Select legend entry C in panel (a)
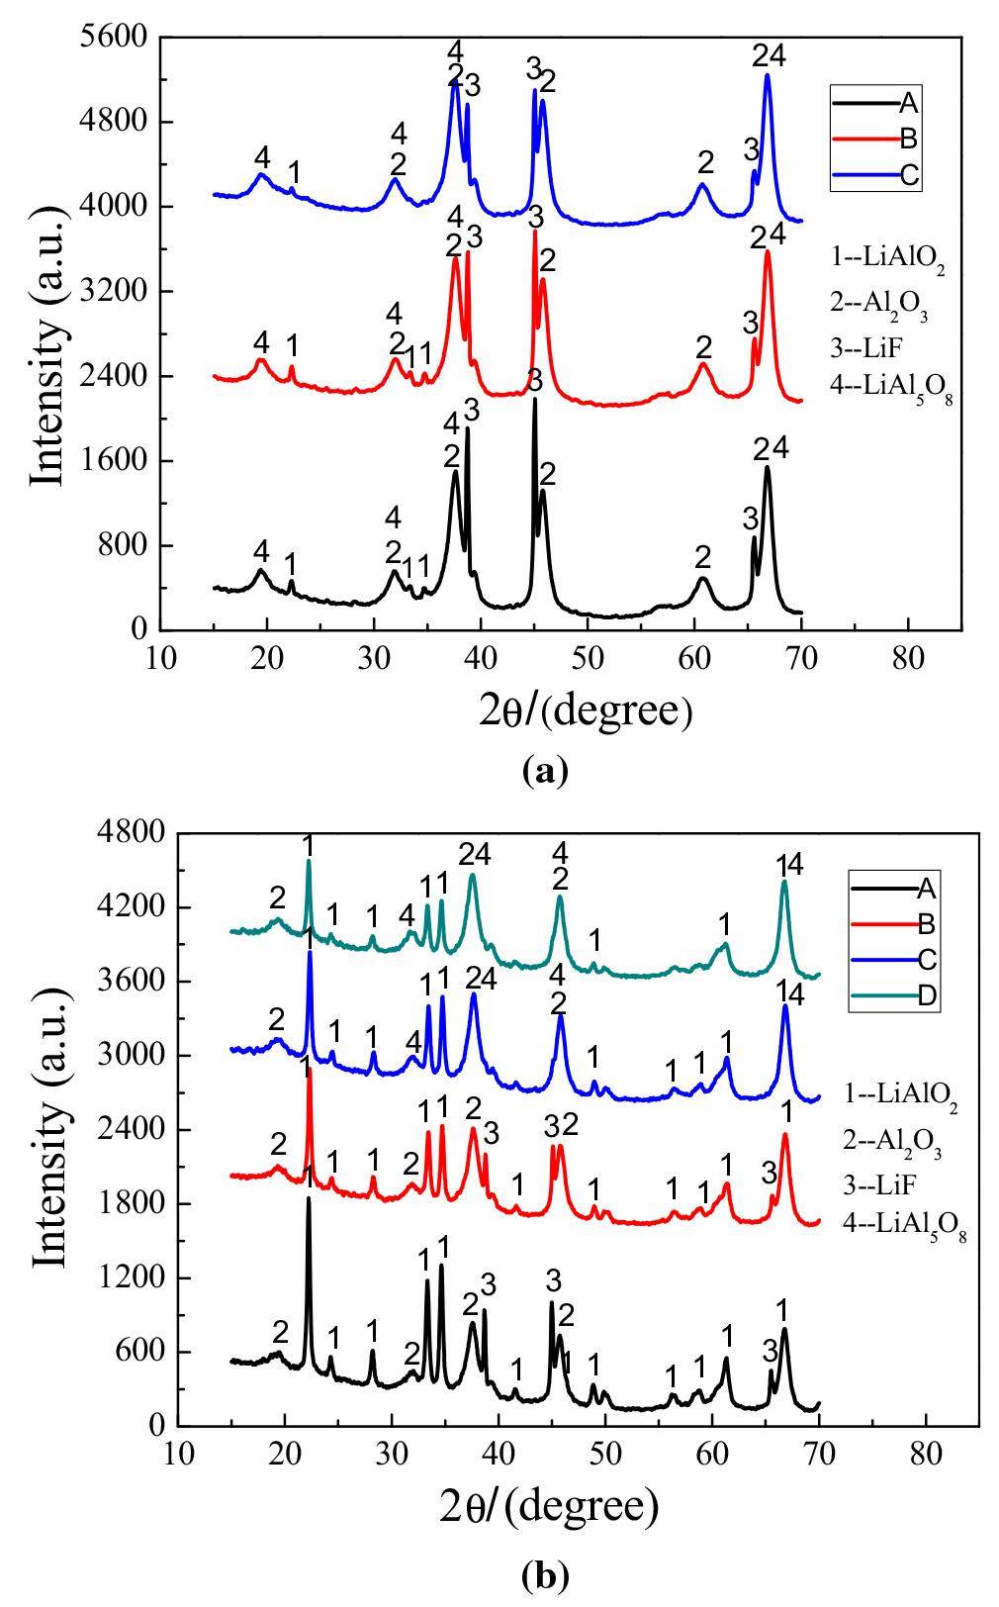[x=909, y=175]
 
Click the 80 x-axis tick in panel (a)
[x=907, y=658]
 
